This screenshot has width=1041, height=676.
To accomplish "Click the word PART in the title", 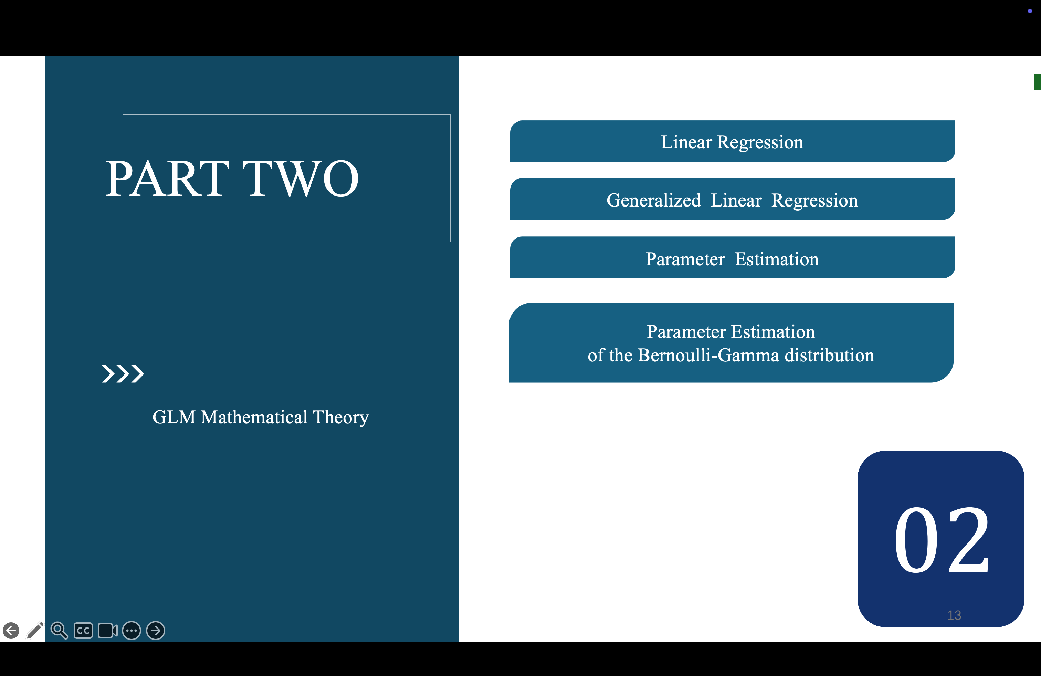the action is tap(167, 178).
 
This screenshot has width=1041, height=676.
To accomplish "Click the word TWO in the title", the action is tap(301, 178).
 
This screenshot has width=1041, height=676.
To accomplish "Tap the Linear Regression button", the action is tap(732, 141).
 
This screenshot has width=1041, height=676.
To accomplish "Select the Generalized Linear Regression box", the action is tap(732, 199).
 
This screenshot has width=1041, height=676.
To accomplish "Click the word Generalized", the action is tap(653, 200).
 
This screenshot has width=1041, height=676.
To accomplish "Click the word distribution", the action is tap(829, 355).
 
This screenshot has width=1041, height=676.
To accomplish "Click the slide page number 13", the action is tap(954, 615).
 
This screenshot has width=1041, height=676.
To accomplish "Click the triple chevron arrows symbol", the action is tap(123, 374).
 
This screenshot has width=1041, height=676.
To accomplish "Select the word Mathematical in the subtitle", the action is tap(254, 417).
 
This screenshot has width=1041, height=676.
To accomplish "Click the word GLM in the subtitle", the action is tap(173, 417).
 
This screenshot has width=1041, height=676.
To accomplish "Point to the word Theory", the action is tap(341, 418).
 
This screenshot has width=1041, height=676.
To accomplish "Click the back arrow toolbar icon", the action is tap(11, 631).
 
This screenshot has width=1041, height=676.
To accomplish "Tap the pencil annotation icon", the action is tap(35, 631).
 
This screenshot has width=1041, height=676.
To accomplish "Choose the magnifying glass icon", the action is tap(59, 631).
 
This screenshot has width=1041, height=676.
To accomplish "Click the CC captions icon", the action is tap(83, 631).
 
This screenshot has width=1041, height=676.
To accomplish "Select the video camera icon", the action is tap(108, 631).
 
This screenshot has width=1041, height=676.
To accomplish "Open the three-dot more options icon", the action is tap(131, 631).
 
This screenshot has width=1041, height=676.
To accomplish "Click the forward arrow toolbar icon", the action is tap(155, 631).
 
